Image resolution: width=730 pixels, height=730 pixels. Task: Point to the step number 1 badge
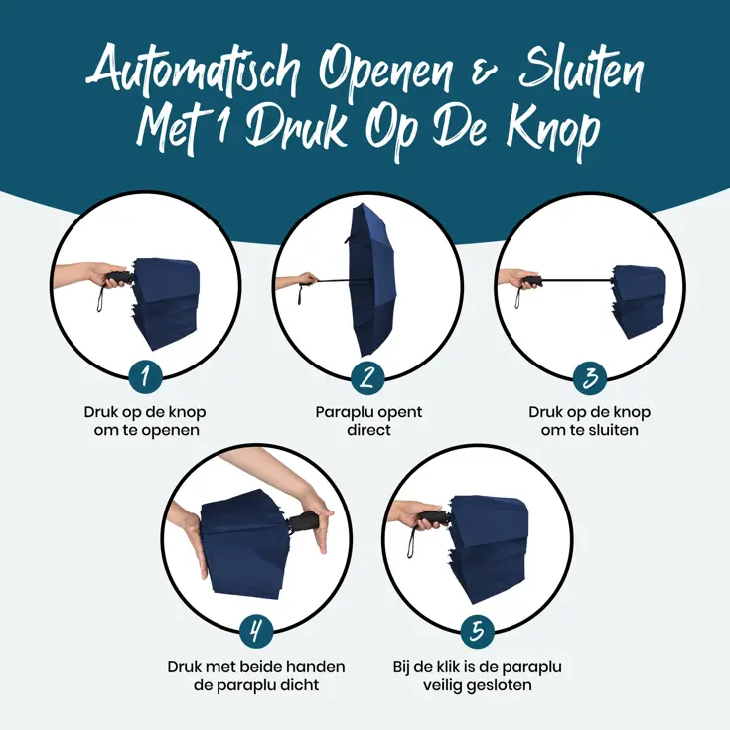(146, 376)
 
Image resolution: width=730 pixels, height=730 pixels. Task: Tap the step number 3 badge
(590, 376)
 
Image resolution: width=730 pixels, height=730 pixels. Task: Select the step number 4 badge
(256, 631)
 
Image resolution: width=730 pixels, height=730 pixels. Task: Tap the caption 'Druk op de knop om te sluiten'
(590, 421)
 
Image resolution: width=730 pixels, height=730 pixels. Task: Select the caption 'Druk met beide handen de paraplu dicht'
(256, 675)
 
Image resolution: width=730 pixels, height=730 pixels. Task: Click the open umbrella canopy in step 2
(371, 278)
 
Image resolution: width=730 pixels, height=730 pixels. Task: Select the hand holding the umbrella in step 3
(516, 279)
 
